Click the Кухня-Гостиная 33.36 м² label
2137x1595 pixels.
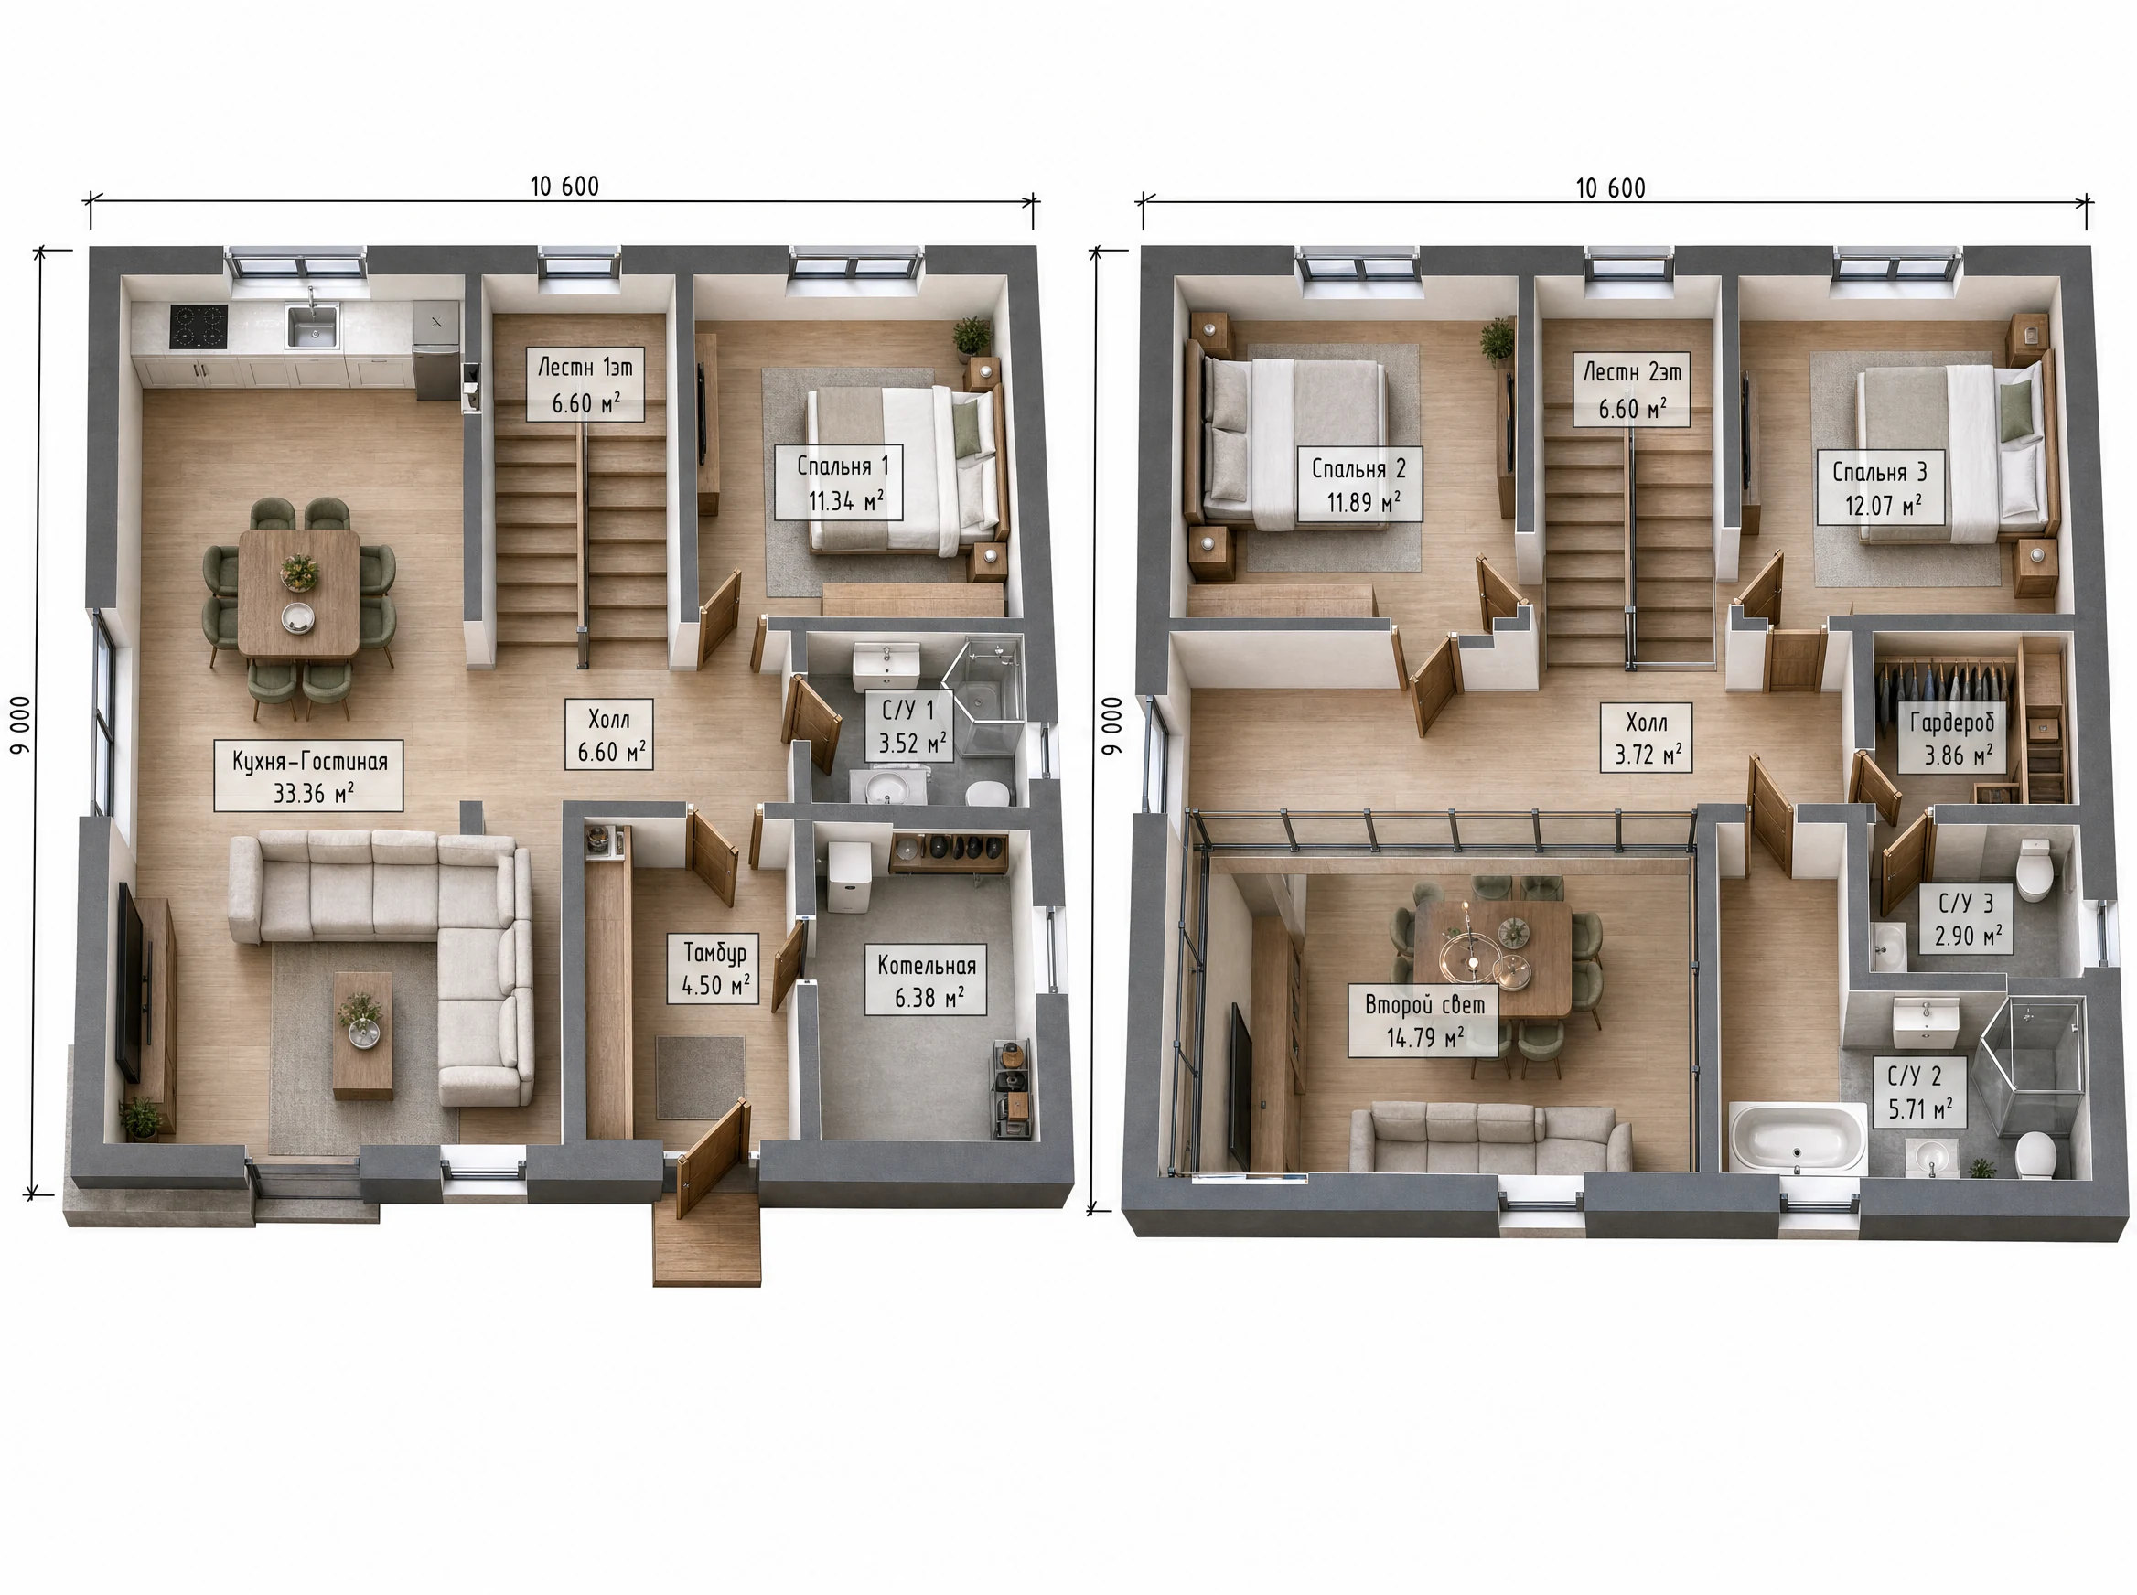[309, 776]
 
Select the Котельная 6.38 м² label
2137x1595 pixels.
[926, 980]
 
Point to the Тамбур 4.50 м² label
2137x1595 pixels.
[714, 969]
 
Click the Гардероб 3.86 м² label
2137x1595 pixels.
[1952, 738]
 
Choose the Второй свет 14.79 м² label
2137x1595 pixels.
[1423, 1021]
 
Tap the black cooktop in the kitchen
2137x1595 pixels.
[198, 326]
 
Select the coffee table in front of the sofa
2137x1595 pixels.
[363, 1036]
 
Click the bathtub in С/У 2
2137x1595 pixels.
[1798, 1138]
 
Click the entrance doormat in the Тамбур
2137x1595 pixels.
[700, 1076]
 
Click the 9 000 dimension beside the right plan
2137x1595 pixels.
[1112, 725]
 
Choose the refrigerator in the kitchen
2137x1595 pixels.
[437, 348]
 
